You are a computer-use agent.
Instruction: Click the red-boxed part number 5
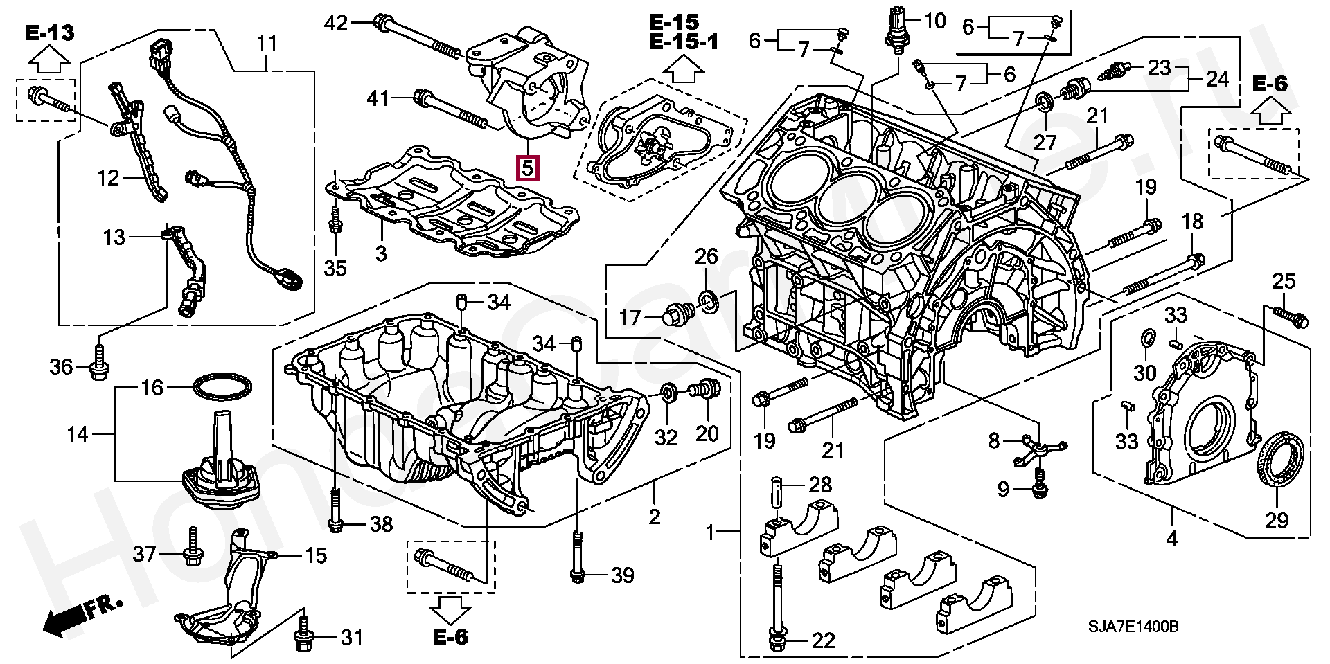527,167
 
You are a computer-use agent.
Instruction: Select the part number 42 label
336,24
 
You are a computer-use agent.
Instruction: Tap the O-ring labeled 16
221,387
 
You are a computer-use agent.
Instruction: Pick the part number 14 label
78,434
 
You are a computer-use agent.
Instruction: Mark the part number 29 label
1276,520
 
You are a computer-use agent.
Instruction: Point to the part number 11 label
267,43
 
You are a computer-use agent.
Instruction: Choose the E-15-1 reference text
684,42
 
